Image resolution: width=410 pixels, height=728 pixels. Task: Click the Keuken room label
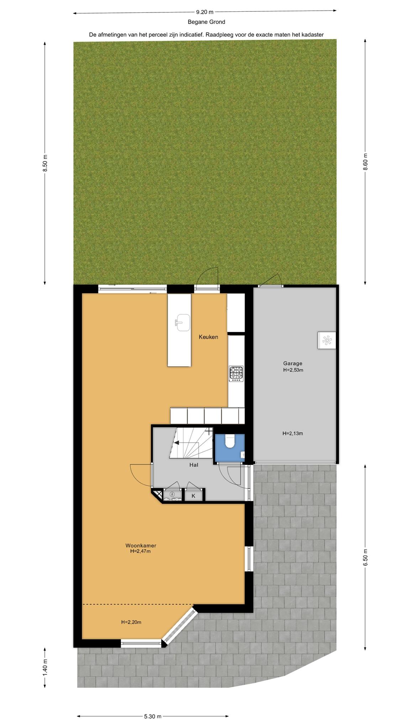click(208, 337)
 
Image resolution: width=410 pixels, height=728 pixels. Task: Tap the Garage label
click(293, 363)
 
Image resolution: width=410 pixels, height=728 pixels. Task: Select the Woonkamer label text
click(141, 545)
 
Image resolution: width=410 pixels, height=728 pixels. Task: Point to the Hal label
click(194, 465)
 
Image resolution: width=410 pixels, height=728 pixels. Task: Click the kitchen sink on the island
click(183, 322)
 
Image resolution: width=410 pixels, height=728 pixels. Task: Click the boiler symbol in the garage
click(326, 341)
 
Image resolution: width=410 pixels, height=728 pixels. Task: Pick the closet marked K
click(194, 496)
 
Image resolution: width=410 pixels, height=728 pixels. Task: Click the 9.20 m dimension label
click(205, 12)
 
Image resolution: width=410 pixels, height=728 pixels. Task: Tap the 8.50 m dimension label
click(45, 163)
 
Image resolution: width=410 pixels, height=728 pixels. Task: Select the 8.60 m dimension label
click(365, 162)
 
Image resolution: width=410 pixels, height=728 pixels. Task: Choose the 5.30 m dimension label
click(153, 706)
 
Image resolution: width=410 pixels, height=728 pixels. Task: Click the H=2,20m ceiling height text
click(131, 622)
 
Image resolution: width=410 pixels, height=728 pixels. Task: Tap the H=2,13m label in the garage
click(293, 433)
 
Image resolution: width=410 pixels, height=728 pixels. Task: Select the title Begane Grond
click(206, 22)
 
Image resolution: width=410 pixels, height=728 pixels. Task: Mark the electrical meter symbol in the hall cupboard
click(172, 494)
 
